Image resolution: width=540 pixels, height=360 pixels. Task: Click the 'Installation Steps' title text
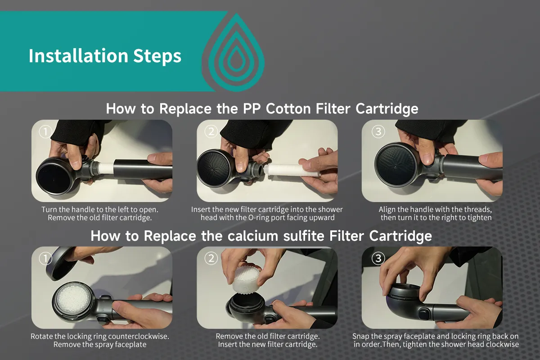pyautogui.click(x=105, y=56)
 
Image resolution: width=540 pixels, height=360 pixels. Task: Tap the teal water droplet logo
pyautogui.click(x=234, y=52)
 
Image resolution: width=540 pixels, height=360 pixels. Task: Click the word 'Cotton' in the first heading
pyautogui.click(x=288, y=108)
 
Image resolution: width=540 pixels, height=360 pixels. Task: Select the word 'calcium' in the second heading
pyautogui.click(x=253, y=236)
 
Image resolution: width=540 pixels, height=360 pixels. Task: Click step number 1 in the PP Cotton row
pyautogui.click(x=45, y=131)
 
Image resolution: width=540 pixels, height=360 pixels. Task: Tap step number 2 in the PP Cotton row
pyautogui.click(x=211, y=131)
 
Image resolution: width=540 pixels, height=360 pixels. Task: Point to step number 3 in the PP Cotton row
pyautogui.click(x=378, y=131)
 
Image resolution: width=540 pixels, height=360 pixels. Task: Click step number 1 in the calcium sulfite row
pyautogui.click(x=45, y=258)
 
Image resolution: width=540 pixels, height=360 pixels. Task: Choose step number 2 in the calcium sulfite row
pyautogui.click(x=211, y=258)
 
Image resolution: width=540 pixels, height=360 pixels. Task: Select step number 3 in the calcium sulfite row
pyautogui.click(x=378, y=258)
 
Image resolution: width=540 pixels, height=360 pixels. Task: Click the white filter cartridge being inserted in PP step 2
pyautogui.click(x=292, y=170)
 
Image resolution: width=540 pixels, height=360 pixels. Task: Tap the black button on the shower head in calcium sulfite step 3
pyautogui.click(x=424, y=314)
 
